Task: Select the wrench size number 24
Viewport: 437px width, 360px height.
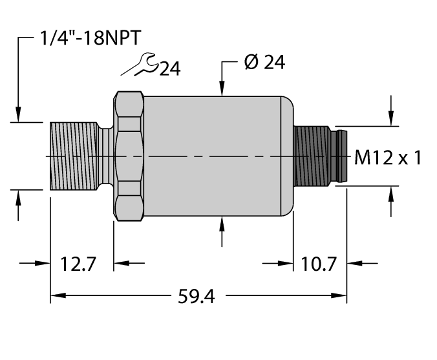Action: (170, 69)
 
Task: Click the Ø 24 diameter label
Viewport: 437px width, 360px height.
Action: (264, 63)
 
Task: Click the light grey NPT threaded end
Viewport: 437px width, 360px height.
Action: (74, 156)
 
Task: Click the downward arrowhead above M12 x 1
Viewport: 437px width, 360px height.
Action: (390, 120)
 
